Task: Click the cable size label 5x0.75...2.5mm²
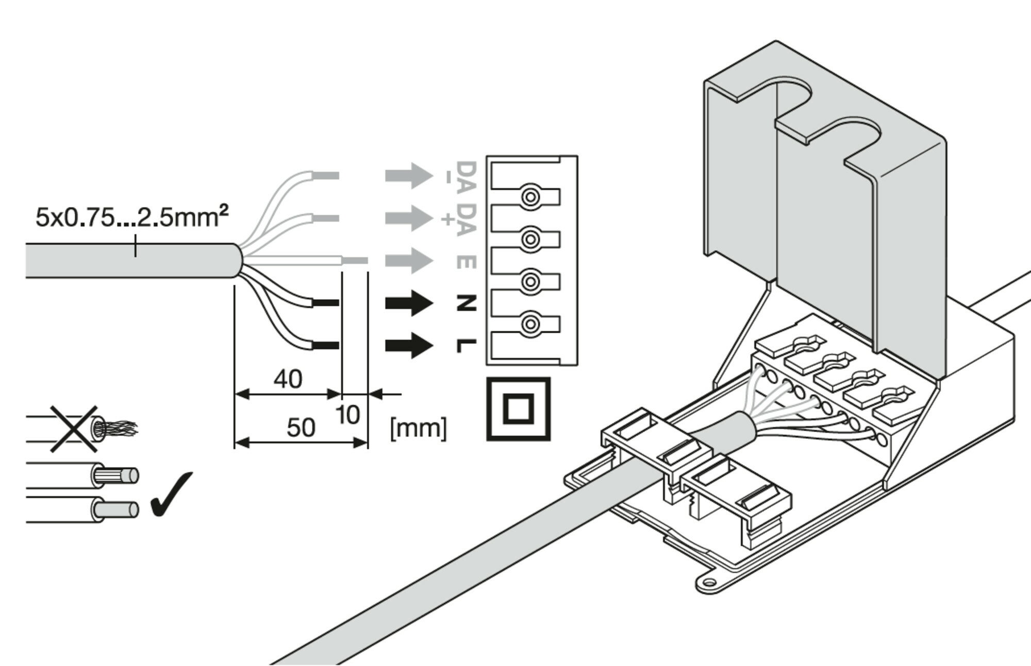coord(131,217)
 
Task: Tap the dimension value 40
coord(288,380)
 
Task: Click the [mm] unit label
coord(418,428)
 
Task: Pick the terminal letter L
coord(466,346)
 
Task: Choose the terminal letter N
coord(466,303)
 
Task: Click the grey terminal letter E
coord(466,262)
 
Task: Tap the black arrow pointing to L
coord(409,346)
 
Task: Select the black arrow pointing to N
coord(409,303)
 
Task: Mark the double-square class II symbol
coord(518,409)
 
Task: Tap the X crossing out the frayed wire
coord(74,429)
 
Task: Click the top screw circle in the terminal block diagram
coord(530,197)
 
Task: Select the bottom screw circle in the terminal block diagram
coord(530,324)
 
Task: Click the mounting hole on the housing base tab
coord(709,584)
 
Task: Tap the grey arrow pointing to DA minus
coord(409,176)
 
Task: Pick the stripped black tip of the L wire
coord(326,345)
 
